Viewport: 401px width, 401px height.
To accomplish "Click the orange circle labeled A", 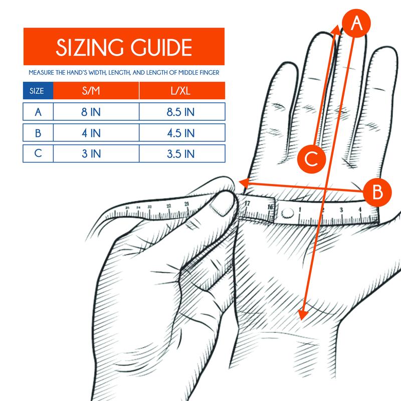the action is pos(356,23).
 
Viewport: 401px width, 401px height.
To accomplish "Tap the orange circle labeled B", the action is pos(377,192).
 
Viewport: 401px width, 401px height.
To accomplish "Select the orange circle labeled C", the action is pos(312,158).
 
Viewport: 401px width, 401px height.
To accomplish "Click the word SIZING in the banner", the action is pos(90,47).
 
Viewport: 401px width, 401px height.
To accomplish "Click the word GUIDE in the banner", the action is pos(161,47).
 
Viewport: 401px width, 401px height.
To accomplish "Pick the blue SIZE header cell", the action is pos(38,91).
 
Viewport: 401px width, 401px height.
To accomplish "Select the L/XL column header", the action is pos(182,91).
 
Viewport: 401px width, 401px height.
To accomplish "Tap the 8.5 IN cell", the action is pos(182,111).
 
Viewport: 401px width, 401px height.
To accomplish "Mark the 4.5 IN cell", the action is pos(182,132).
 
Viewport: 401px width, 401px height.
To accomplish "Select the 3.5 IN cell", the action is pos(182,153).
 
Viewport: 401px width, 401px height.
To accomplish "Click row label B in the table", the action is pos(38,132).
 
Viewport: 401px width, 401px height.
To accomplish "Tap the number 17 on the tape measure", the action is pos(247,204).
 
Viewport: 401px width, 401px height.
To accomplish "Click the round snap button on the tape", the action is pos(287,213).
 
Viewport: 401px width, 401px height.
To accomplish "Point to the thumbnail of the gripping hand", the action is pos(221,205).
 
